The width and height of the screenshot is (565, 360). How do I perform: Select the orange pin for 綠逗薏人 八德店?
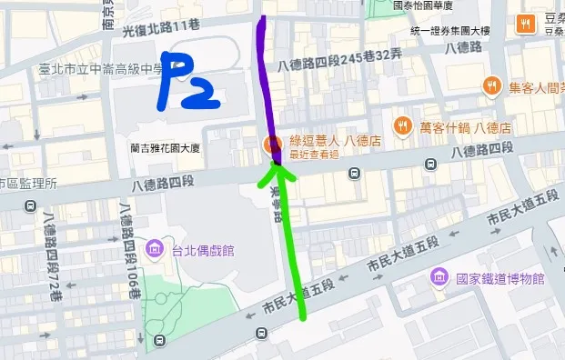pos(271,144)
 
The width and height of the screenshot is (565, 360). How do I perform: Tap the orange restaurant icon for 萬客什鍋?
pos(400,125)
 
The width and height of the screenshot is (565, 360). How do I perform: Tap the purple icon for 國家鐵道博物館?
pos(439,278)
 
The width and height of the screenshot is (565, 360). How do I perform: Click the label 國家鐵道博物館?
pos(499,279)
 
